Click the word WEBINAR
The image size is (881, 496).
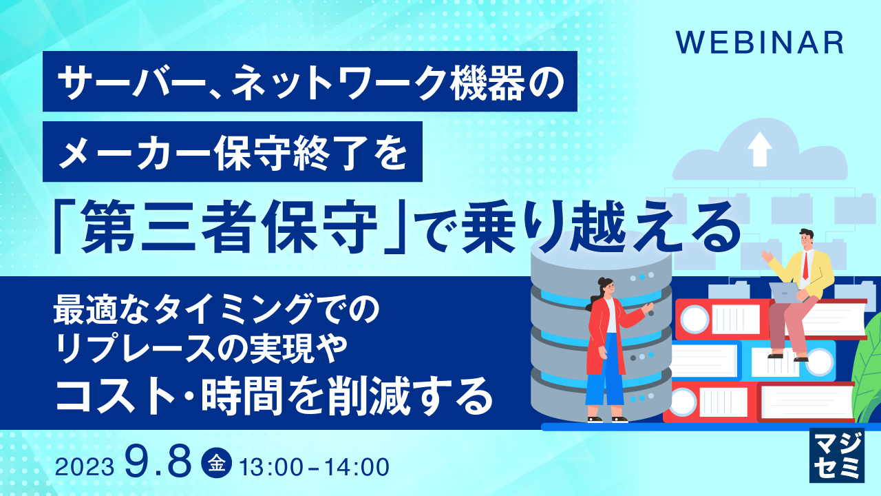pyautogui.click(x=759, y=42)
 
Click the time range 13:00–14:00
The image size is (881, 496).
pyautogui.click(x=314, y=466)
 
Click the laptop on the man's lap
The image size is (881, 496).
pyautogui.click(x=785, y=292)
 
